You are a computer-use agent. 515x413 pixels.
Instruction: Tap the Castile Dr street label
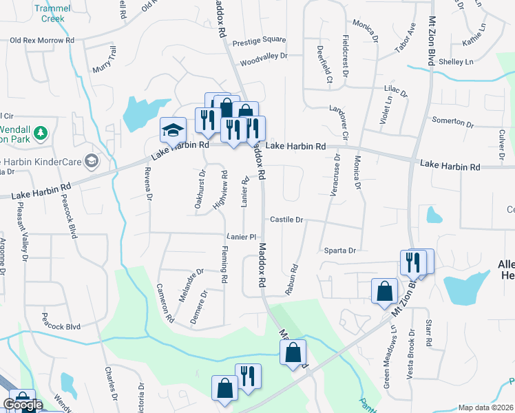[286, 220]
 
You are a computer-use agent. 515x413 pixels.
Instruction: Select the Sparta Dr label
[339, 251]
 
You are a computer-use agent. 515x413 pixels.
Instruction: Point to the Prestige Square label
[259, 40]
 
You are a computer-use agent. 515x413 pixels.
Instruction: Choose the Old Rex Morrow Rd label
[41, 41]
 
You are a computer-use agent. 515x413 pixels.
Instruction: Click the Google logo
[22, 405]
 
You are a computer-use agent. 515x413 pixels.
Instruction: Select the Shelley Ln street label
[456, 62]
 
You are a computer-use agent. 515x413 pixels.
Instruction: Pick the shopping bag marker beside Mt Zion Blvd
[383, 291]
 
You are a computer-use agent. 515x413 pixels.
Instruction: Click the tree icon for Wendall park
[41, 131]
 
